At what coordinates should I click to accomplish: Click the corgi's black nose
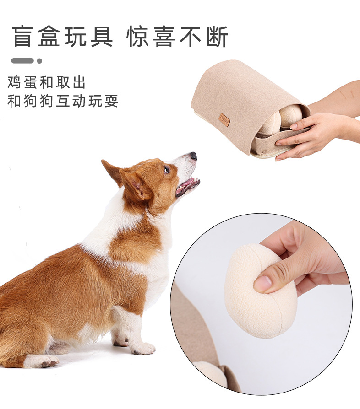click(x=193, y=156)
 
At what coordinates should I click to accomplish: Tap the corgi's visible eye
click(x=167, y=170)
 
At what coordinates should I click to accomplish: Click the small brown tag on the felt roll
click(x=224, y=120)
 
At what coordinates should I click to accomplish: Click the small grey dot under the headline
click(x=39, y=61)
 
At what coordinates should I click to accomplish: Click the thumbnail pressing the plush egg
click(x=263, y=284)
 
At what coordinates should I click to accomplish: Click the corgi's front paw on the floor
click(x=143, y=349)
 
